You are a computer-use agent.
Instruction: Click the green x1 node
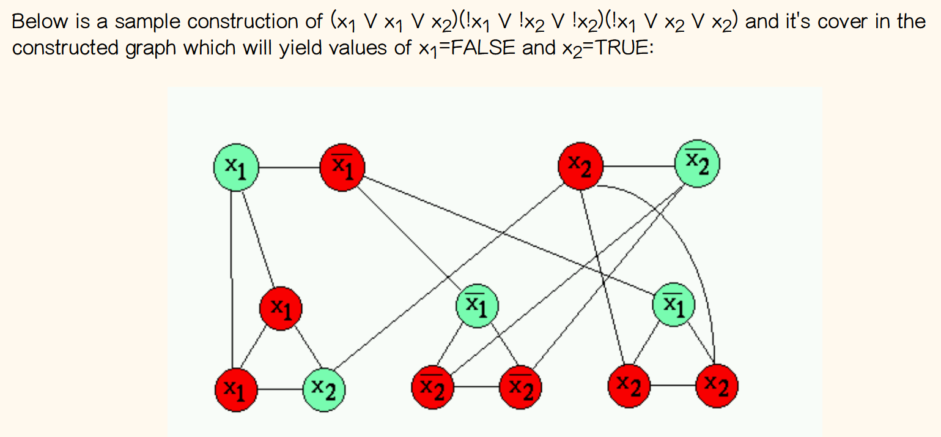[x=235, y=166]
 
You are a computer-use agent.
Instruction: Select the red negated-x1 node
[x=343, y=165]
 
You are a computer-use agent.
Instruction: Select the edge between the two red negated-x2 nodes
[x=477, y=387]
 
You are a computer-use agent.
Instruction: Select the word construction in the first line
[x=253, y=22]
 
